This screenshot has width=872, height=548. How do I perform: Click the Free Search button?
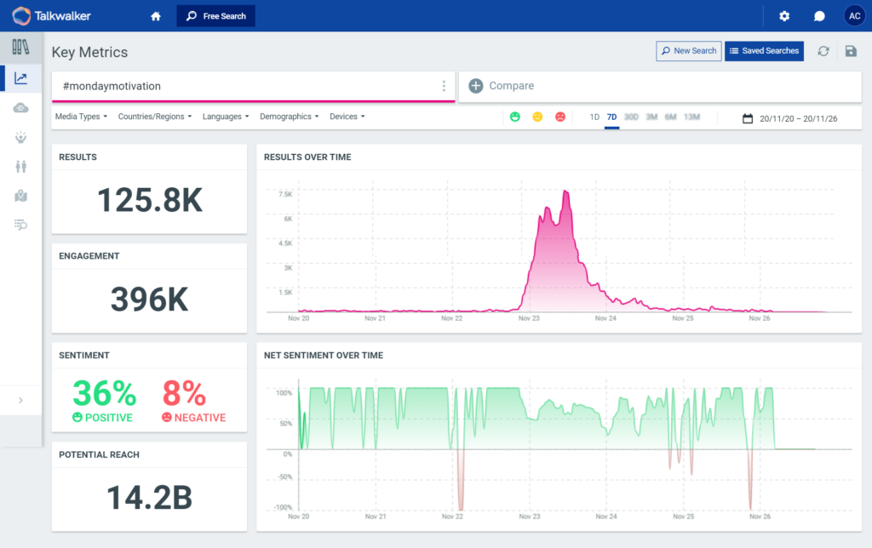215,16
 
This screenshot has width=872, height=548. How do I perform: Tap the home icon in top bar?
155,16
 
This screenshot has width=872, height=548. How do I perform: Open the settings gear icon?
784,16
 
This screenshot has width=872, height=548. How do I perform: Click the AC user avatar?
854,16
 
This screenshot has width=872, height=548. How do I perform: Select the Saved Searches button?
764,51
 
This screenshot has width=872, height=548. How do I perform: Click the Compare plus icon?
476,86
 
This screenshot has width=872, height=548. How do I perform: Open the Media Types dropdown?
81,117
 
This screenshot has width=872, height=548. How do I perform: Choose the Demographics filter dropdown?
290,117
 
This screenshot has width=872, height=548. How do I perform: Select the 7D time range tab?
611,117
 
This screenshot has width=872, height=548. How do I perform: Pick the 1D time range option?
594,117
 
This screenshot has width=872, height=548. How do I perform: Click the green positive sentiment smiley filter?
515,117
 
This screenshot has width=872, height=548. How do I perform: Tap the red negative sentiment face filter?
559,117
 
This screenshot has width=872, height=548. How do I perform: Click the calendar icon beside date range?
748,118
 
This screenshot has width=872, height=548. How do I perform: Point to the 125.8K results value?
149,200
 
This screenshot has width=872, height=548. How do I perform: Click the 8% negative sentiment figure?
184,393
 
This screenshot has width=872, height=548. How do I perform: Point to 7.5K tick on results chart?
284,194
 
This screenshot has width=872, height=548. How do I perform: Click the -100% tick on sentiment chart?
284,508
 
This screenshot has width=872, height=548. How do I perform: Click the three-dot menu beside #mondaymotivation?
444,86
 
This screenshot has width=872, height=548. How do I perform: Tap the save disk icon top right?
850,51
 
